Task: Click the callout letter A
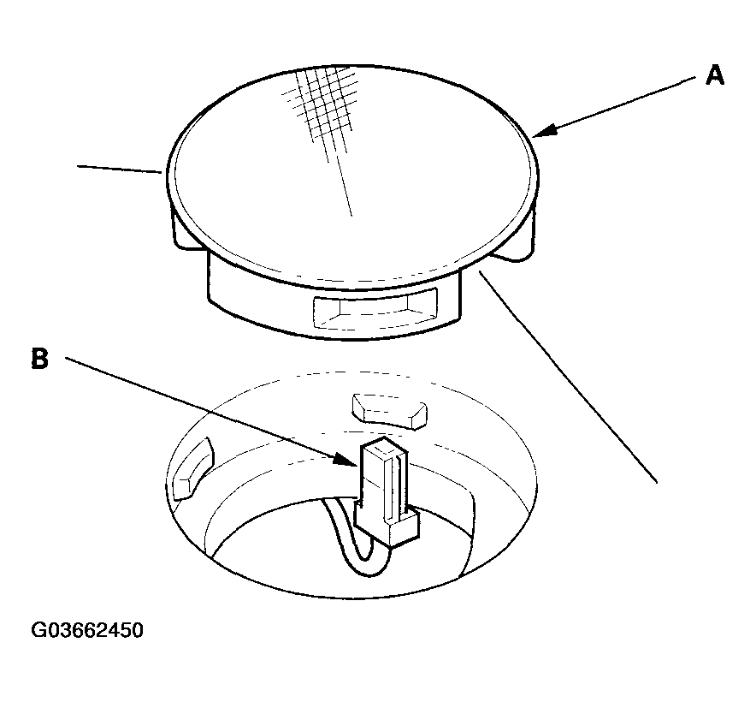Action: click(x=715, y=76)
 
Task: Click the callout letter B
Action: click(x=40, y=359)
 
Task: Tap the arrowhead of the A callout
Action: click(x=544, y=131)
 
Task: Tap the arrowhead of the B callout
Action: click(x=346, y=460)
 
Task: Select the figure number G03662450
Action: click(x=87, y=630)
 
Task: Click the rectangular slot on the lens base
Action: click(x=375, y=308)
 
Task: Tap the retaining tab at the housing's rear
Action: click(x=390, y=411)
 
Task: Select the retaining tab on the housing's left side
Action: click(x=192, y=469)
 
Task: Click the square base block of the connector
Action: click(x=387, y=525)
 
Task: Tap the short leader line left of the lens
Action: click(x=120, y=169)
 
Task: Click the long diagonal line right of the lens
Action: click(x=568, y=377)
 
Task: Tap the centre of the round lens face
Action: click(x=352, y=177)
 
